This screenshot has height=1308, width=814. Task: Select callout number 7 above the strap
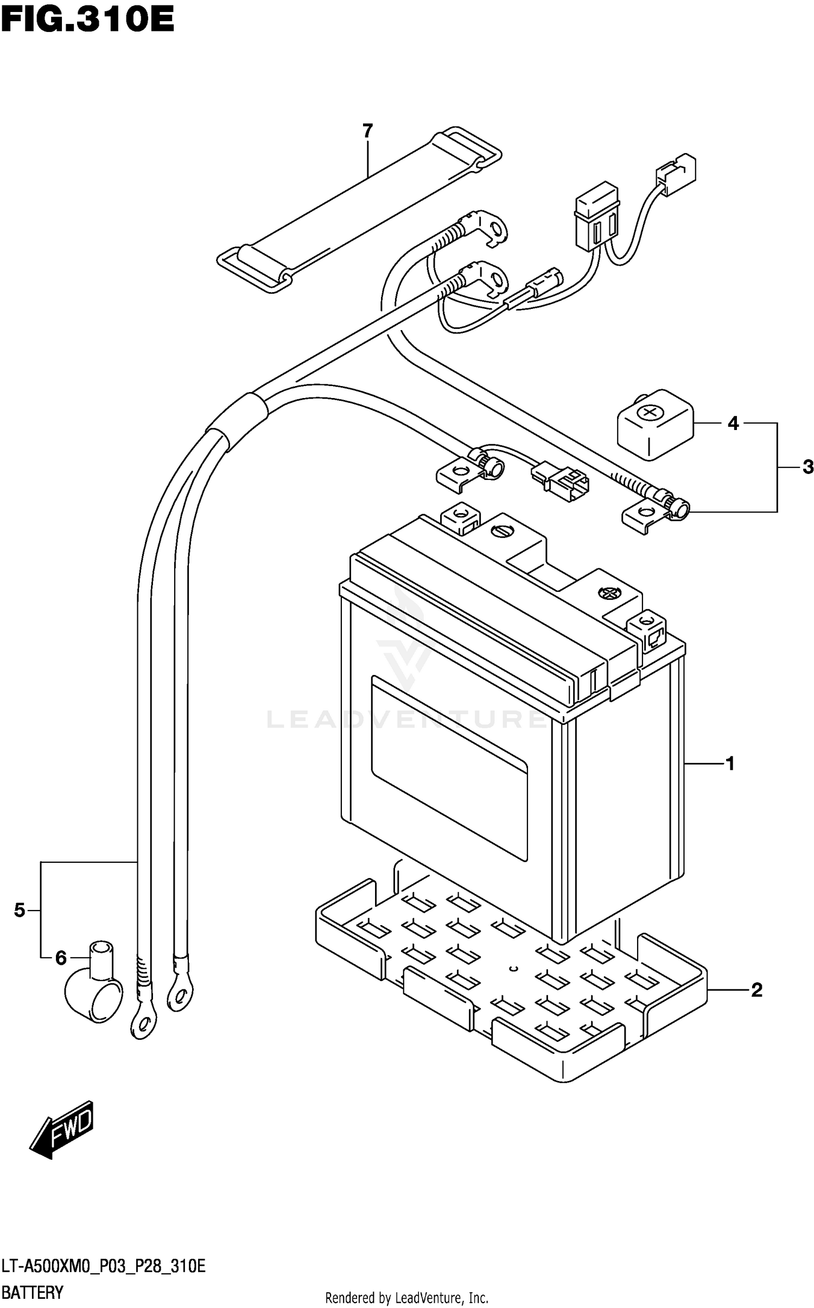(367, 131)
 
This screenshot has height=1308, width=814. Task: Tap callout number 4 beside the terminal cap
(733, 423)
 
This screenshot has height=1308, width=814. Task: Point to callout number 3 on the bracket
(807, 466)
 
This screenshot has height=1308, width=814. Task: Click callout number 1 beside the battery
(730, 763)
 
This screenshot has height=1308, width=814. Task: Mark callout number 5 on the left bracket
(20, 910)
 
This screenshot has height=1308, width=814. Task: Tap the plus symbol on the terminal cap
(647, 413)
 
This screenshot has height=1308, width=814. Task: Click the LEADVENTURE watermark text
(407, 719)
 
